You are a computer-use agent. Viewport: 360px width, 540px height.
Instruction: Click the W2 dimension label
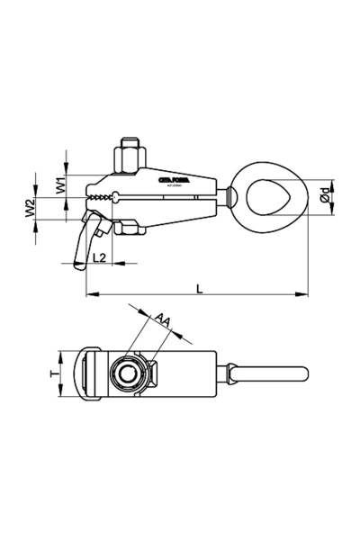(30, 209)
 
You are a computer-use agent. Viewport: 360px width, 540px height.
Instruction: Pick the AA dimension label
(163, 319)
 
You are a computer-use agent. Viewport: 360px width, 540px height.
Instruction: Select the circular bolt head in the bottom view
(125, 373)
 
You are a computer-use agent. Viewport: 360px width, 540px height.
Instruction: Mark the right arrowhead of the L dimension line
(305, 294)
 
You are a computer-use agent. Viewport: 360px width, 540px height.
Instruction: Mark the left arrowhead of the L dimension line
(89, 294)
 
